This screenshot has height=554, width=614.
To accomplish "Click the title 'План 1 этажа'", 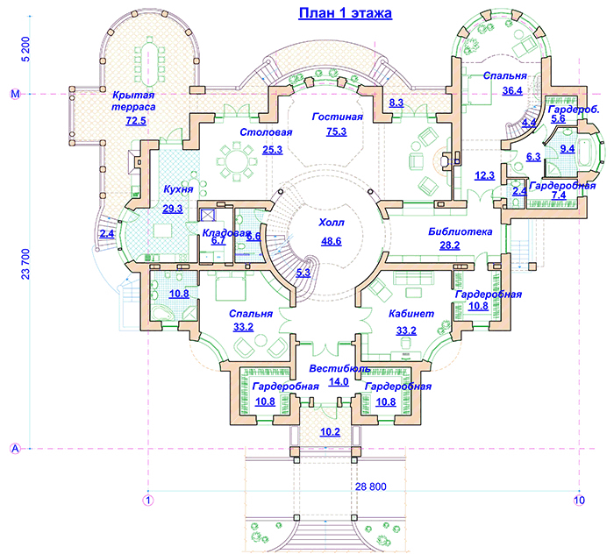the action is tap(345, 13).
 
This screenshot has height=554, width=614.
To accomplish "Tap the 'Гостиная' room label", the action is tap(338, 117).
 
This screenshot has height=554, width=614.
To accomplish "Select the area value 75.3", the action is tap(336, 131).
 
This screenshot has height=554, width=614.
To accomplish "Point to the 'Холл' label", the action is tap(332, 223).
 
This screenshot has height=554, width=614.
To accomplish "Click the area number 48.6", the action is tap(332, 241).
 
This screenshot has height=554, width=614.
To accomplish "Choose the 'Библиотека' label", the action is tap(460, 231).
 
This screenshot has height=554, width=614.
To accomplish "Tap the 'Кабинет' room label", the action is tap(411, 314).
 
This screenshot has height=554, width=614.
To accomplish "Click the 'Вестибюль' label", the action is tap(339, 368).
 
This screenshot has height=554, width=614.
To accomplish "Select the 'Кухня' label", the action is tap(178, 189).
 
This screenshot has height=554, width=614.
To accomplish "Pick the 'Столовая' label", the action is tap(266, 132).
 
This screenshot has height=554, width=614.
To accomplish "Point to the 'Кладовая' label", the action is tap(226, 233).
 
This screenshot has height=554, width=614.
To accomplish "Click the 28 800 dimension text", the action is tap(370, 487).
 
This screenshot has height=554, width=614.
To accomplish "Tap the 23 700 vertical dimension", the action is tap(25, 264).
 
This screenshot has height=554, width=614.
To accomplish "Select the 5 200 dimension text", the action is tap(25, 49).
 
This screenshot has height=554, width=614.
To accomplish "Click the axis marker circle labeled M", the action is tap(15, 95).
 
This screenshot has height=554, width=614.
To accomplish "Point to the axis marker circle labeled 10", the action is tap(579, 500).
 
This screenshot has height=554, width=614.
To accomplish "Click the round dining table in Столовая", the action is tap(237, 160).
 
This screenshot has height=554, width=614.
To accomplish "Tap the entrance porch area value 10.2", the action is tap(330, 432).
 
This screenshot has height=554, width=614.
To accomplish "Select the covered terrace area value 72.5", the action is tap(136, 120).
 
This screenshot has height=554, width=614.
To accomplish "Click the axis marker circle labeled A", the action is tap(15, 448).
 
